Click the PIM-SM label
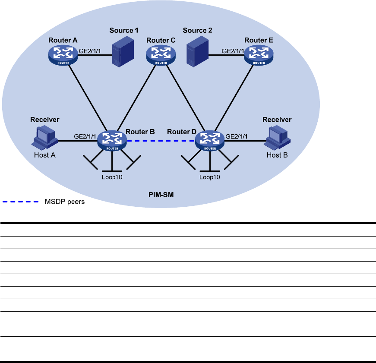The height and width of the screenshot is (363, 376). click(161, 196)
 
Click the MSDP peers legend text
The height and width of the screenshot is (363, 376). click(65, 202)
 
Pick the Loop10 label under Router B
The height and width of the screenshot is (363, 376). click(112, 177)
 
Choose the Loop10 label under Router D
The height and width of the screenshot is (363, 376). click(210, 177)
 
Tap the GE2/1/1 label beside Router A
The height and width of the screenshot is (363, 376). click(90, 51)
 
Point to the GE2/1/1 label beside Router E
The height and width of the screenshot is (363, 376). click(233, 51)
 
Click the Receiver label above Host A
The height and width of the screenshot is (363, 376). click(44, 120)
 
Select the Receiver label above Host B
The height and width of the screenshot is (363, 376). click(277, 120)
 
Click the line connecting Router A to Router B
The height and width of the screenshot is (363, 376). click(87, 96)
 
